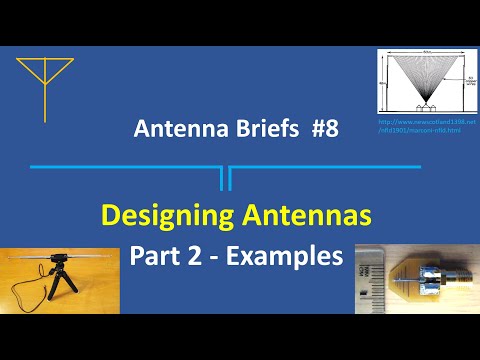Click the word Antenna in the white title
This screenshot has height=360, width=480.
pos(179,129)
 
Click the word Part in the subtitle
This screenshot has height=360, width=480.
pos(155,256)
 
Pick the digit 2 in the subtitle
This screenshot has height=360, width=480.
pos(196,256)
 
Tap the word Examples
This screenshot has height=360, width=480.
pos(285,256)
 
